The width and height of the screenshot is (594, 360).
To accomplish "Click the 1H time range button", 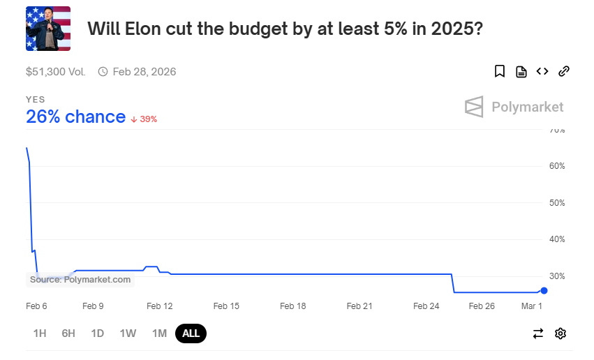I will [40, 333].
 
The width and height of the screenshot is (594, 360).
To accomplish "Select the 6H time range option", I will [68, 333].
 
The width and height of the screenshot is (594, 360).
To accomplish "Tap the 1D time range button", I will [97, 333].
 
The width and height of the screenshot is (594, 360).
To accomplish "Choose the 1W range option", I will [128, 333].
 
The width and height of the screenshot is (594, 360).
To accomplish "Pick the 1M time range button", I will [159, 333].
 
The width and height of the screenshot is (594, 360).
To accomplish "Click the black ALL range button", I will [191, 333].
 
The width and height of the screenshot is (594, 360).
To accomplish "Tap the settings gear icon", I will [560, 333].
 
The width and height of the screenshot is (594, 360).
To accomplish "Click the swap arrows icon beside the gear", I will [538, 333].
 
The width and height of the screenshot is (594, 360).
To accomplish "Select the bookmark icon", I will [500, 71].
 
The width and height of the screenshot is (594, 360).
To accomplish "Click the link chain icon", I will [564, 71].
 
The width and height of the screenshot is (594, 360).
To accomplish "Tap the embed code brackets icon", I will [542, 71].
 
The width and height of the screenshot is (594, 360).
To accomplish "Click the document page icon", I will [521, 71].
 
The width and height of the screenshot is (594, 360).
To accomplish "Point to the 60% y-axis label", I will [557, 166].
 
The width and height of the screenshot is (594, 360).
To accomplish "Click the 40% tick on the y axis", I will [557, 239].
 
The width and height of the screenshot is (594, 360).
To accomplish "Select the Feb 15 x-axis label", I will [226, 306].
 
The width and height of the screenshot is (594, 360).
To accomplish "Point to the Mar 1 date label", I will [531, 306].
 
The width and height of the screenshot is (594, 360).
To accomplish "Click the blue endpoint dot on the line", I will [544, 291].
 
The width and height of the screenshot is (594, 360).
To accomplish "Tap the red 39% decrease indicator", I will [144, 119].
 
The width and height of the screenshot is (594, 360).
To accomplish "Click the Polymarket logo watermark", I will [514, 107].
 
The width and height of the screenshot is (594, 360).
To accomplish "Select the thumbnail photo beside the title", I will [48, 29].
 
